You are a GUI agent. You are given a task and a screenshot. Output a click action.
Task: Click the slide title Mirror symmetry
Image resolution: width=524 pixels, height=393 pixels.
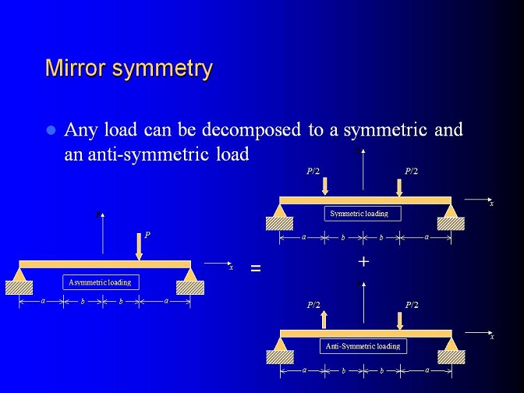pyautogui.click(x=129, y=69)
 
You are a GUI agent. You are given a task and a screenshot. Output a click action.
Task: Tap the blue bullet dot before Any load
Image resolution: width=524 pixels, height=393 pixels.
pyautogui.click(x=51, y=130)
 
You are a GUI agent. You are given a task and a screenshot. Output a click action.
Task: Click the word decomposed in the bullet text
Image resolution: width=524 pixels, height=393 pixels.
pyautogui.click(x=251, y=129)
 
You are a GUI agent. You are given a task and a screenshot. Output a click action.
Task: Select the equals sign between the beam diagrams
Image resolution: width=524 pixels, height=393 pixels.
pyautogui.click(x=256, y=268)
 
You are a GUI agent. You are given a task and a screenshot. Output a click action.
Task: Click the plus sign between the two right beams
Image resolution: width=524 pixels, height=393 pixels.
pyautogui.click(x=363, y=262)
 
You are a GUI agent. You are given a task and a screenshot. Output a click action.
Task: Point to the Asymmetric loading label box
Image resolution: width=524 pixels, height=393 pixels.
pyautogui.click(x=101, y=282)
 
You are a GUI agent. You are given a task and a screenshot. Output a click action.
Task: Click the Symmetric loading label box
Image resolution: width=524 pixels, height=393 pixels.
pyautogui.click(x=363, y=214)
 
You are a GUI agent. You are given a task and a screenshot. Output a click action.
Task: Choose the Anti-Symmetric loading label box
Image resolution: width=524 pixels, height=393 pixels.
pyautogui.click(x=363, y=346)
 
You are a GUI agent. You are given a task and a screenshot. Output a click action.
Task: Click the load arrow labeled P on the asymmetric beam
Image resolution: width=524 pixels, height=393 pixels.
pyautogui.click(x=139, y=246)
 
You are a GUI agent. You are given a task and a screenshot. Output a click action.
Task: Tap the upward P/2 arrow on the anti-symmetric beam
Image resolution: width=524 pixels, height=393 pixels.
pyautogui.click(x=324, y=320)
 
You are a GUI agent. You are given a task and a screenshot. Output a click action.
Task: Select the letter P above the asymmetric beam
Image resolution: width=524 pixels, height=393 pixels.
pyautogui.click(x=147, y=235)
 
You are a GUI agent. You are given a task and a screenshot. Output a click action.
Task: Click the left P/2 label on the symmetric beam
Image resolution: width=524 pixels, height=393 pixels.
pyautogui.click(x=313, y=172)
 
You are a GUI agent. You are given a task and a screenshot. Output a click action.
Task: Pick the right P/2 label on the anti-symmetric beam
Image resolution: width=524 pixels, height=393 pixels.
pyautogui.click(x=412, y=305)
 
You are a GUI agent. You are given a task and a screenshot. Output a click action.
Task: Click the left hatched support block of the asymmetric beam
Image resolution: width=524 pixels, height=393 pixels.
pyautogui.click(x=19, y=288)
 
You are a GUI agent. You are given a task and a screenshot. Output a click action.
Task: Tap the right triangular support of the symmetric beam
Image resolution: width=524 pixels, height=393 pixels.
pyautogui.click(x=451, y=211)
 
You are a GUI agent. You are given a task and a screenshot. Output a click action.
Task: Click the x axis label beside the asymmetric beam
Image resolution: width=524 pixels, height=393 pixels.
pyautogui.click(x=231, y=267)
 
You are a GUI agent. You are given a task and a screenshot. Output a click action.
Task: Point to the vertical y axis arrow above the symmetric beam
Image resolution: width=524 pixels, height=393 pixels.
pyautogui.click(x=363, y=169)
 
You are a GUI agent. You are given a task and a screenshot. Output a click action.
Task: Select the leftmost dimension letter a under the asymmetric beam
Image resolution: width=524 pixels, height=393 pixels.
pyautogui.click(x=43, y=301)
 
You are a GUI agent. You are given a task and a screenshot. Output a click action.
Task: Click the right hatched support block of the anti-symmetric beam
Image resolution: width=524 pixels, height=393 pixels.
pyautogui.click(x=451, y=357)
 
